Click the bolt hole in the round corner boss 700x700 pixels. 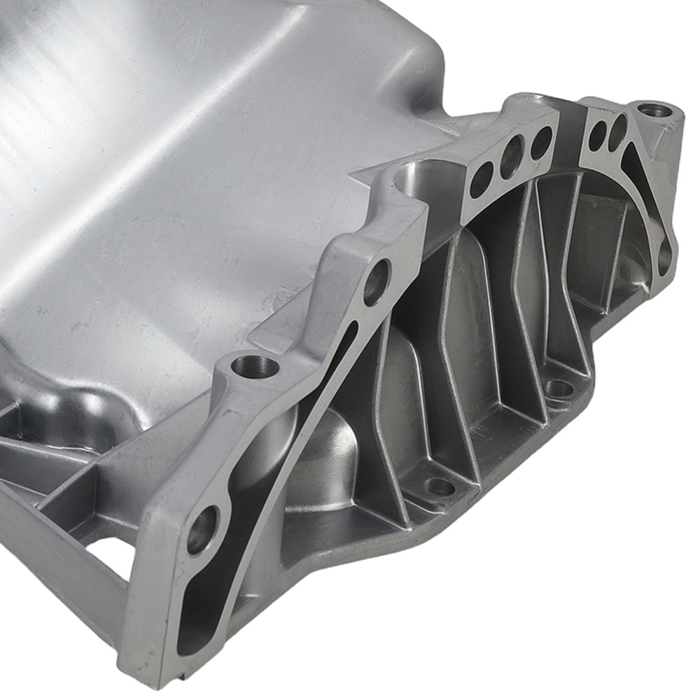(654, 110)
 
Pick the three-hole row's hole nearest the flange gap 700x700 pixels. (540, 142)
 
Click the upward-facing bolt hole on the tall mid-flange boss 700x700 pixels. (254, 365)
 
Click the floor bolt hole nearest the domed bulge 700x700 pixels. (440, 486)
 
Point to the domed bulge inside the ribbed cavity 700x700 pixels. (332, 455)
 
